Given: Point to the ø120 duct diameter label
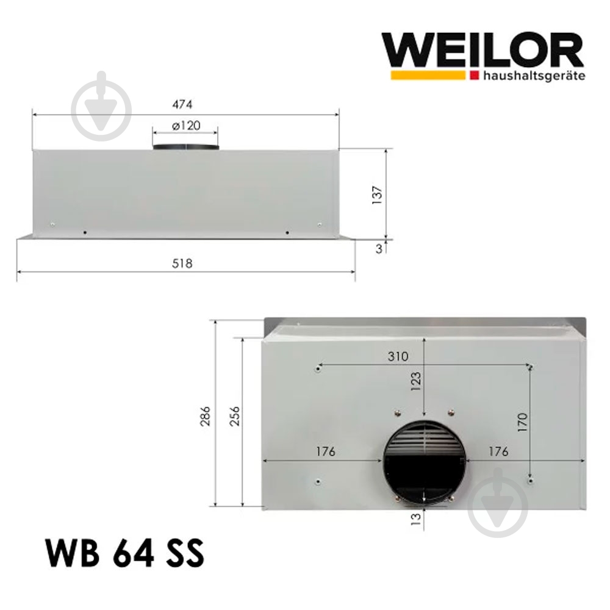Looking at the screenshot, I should point(185,126).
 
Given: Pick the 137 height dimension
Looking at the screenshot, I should point(377,194).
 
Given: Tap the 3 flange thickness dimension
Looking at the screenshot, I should point(379,249).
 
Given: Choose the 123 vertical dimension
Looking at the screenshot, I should point(416,381).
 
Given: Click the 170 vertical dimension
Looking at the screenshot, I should point(522,422).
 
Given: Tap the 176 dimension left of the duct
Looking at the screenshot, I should point(326,451).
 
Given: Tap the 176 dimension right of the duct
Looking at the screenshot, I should point(498,451).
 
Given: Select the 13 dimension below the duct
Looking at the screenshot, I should point(416,518).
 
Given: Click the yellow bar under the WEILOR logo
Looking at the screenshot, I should point(428,76).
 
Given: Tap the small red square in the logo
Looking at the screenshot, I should point(474,76).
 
